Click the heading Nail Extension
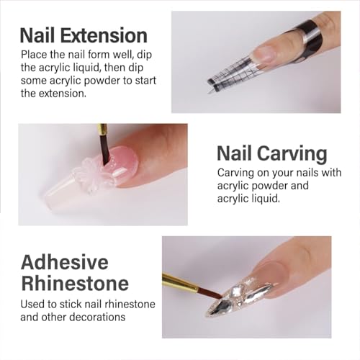tap(84, 35)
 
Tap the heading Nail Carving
tap(271, 153)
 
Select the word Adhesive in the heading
tap(64, 261)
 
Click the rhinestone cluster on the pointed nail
tap(245, 294)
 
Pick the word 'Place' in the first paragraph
tap(35, 54)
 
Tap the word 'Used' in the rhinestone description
tap(33, 304)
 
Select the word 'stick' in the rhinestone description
tap(75, 304)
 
